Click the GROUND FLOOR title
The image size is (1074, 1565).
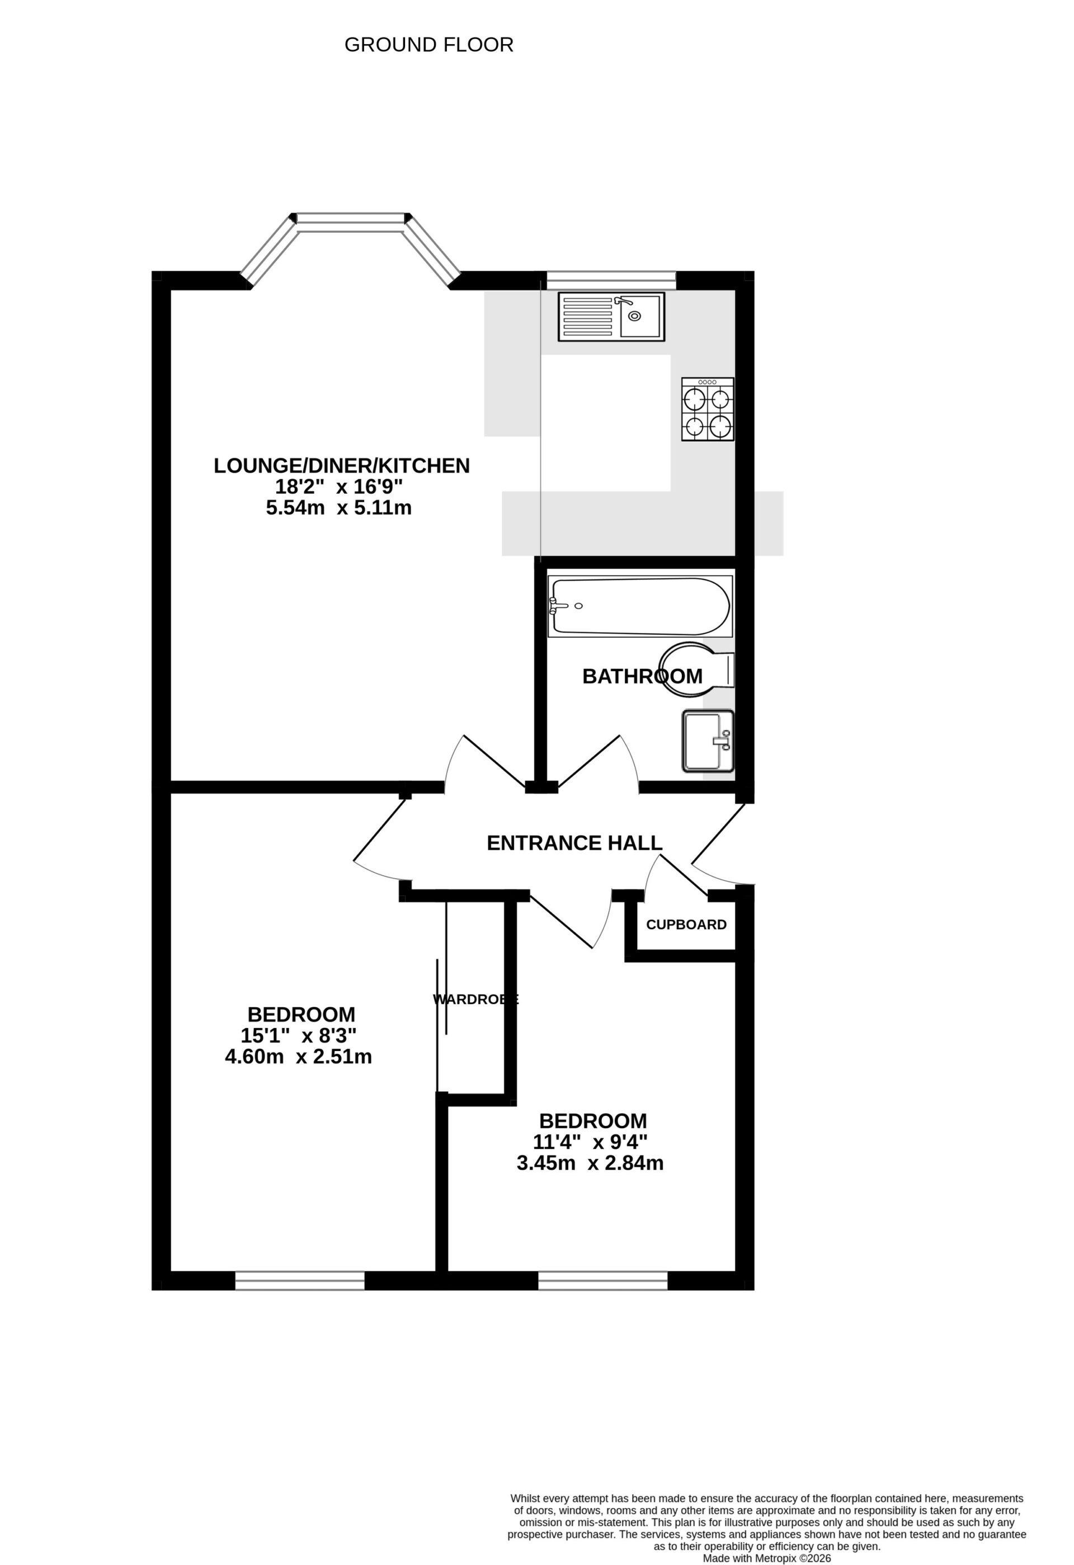(429, 45)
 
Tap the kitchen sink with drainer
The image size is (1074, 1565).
(611, 316)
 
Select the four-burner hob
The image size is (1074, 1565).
(707, 409)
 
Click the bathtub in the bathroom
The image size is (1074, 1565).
(640, 606)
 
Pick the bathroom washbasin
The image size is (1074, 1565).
(708, 741)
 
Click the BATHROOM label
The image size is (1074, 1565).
(642, 676)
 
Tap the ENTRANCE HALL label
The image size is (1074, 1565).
(574, 843)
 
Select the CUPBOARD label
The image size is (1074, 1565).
(686, 925)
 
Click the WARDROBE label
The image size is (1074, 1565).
(475, 1000)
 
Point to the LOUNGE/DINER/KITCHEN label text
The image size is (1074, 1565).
(341, 465)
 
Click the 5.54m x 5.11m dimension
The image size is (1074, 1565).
(338, 508)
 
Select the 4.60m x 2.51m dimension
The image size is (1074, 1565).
(298, 1057)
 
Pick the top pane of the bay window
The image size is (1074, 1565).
(351, 218)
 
